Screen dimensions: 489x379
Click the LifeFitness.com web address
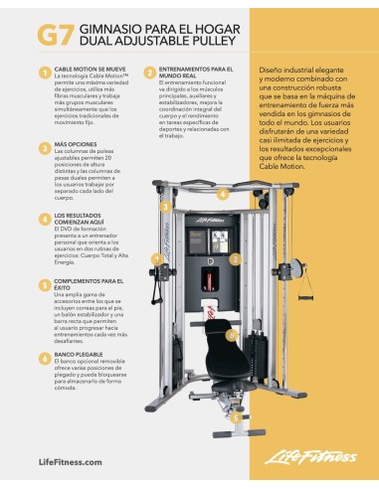70,462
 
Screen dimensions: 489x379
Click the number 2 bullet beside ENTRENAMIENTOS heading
149,72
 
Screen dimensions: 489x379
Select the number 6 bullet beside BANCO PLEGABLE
45,353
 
